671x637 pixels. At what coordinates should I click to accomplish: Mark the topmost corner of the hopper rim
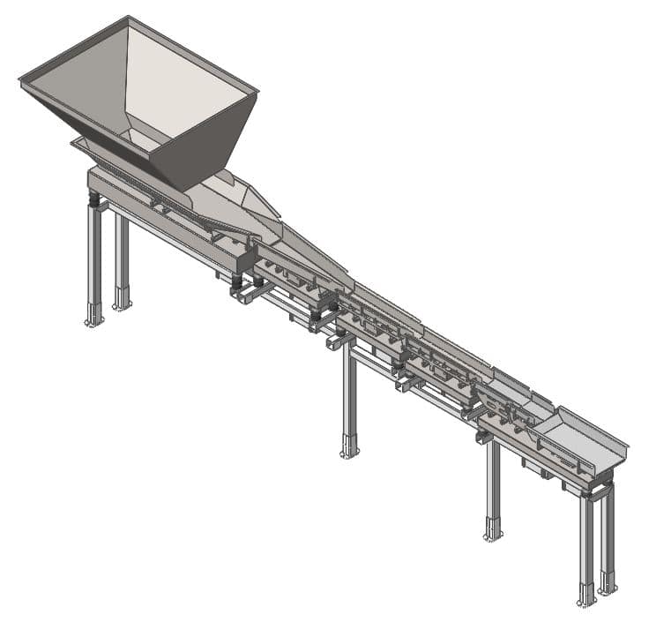point(129,17)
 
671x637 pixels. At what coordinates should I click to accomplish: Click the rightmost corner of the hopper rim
point(257,91)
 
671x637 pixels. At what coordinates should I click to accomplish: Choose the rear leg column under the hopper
point(122,256)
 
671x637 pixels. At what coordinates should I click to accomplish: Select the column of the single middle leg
point(350,397)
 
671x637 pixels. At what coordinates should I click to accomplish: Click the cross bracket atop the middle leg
point(339,340)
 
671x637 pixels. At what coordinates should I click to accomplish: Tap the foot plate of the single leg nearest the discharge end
point(493,536)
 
